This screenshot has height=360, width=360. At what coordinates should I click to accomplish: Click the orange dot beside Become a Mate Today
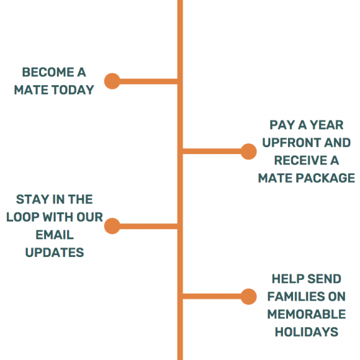coord(112,81)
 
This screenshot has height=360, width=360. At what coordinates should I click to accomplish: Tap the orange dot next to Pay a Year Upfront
coord(249,152)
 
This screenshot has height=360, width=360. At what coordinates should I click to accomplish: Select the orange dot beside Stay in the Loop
coord(112,226)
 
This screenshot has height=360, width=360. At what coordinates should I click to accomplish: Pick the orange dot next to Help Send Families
coord(249,297)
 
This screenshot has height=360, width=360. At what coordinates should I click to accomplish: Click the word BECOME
coord(48,73)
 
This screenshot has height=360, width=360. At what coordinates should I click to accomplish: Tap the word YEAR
coord(327,125)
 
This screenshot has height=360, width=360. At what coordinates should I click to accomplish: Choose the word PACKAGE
coord(325,178)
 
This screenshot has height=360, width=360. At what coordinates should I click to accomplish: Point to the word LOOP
coord(23,217)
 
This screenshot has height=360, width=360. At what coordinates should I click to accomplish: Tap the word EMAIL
coord(55,235)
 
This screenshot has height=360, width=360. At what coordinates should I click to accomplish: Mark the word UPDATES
coord(55,253)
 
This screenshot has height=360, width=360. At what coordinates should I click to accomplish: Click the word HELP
coord(287,279)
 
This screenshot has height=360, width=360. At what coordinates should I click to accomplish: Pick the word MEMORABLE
coord(306,315)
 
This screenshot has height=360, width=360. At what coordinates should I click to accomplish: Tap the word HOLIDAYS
coord(306,332)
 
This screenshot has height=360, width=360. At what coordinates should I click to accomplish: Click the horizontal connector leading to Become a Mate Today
coord(148,81)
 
